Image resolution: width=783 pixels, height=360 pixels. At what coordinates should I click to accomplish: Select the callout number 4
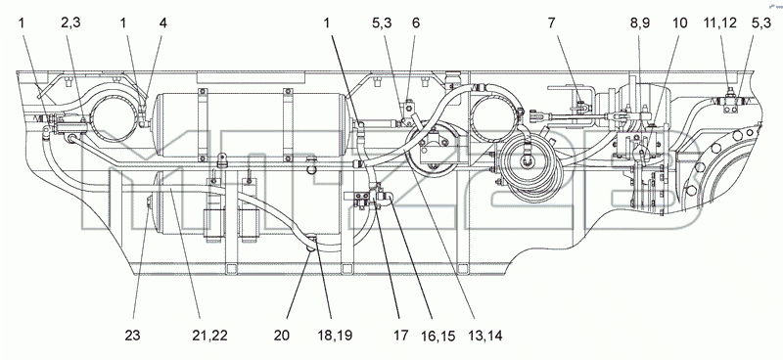coord(162,22)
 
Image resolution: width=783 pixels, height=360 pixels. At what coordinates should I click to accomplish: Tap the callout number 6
coord(415,22)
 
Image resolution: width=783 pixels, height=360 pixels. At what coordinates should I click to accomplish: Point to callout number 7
coord(551,22)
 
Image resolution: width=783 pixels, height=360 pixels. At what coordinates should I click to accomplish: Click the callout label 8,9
coord(640,22)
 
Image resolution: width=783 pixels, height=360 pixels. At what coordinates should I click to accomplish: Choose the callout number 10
coord(679,22)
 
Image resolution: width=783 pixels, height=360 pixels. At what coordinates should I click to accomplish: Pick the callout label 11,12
coord(719,22)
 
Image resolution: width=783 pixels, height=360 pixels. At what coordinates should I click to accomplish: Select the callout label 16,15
coord(438,336)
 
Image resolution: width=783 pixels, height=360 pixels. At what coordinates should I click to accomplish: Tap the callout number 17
coord(400,335)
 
